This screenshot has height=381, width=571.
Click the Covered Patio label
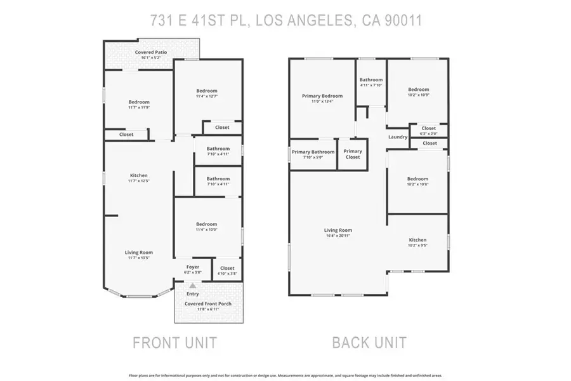pos(152,52)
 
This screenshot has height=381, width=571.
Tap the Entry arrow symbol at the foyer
pos(193,286)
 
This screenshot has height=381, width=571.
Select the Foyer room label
pos(192,267)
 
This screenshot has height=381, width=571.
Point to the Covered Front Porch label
pos(208,304)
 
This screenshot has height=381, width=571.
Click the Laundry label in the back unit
pos(398,137)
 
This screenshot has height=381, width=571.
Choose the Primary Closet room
pos(353,154)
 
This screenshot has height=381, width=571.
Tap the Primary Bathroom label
pos(313,152)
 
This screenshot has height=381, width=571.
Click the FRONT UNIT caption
pos(174,343)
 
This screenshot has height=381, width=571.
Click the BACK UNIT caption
pos(369,343)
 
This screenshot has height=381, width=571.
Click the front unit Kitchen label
pos(139,175)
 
